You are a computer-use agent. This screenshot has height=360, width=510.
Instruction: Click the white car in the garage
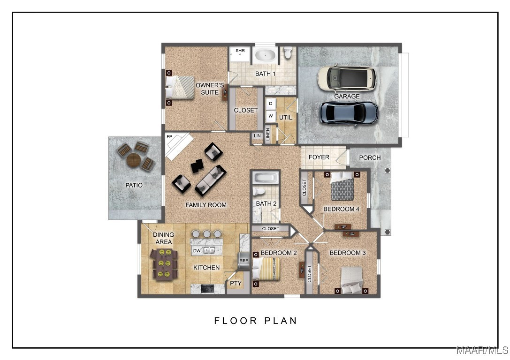pos(347,78)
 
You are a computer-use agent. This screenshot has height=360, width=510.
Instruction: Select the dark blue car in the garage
pos(349,113)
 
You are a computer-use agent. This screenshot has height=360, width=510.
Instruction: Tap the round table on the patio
pos(134,160)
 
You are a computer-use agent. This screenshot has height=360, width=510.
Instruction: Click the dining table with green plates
pos(164,265)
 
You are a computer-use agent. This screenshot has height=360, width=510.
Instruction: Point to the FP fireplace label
pos(169,137)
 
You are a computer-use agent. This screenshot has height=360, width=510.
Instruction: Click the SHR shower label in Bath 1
pos(240,51)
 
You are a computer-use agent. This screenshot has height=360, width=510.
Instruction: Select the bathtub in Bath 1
pos(265,55)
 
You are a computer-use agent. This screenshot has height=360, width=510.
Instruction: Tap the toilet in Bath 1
pos(288,52)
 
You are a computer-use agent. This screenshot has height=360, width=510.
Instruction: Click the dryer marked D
pos(271,104)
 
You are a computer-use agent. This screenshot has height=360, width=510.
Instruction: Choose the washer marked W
pos(271,116)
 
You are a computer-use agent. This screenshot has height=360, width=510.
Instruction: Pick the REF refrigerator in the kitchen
pos(244,261)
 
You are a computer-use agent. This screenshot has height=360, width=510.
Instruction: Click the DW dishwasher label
pos(197,251)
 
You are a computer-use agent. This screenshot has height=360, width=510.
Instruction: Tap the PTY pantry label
pos(236,283)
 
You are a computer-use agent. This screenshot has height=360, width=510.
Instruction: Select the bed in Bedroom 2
pos(266,269)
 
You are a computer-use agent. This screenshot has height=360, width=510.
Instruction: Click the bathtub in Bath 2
pos(266,178)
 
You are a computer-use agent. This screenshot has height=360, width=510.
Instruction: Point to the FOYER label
pos(319,157)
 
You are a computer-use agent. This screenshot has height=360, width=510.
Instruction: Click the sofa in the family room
pos(211,180)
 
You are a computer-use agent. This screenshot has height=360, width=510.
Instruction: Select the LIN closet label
pos(257,136)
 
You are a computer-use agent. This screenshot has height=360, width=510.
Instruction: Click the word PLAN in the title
pos(281,321)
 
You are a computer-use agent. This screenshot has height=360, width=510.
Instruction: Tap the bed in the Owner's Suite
pos(180,87)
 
